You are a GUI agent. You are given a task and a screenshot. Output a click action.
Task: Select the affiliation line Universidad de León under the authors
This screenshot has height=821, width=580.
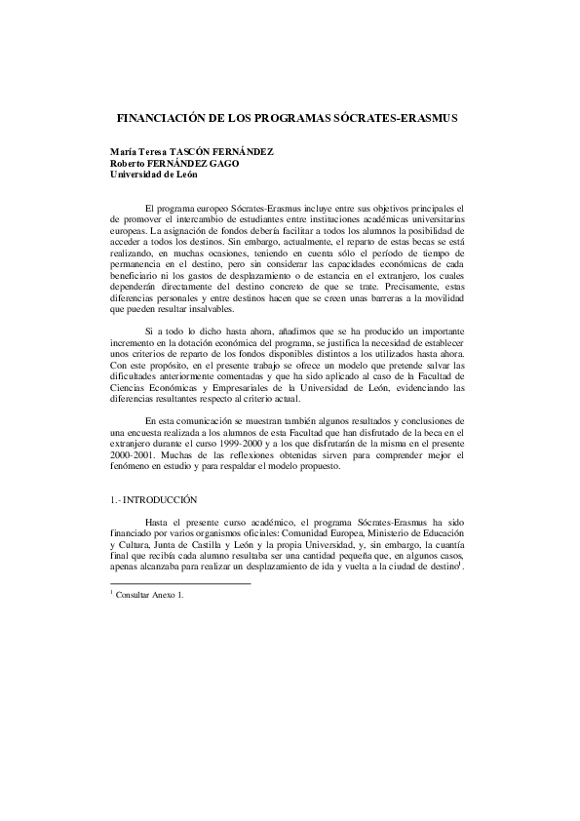(154, 174)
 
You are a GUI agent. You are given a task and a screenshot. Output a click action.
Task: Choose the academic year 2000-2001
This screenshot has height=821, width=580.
(135, 455)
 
